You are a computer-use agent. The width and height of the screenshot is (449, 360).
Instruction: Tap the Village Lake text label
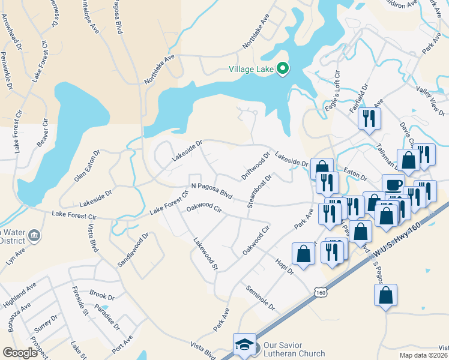[251, 70]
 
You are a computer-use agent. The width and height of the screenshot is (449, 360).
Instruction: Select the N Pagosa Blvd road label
[211, 191]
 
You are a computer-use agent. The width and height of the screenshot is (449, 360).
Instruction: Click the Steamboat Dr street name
[260, 191]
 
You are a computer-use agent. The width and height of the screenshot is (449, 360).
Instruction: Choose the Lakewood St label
[205, 253]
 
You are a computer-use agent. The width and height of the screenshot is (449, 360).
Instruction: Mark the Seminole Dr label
[260, 298]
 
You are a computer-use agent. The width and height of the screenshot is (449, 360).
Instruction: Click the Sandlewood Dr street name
[132, 250]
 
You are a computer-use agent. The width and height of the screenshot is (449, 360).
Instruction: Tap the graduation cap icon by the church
[244, 345]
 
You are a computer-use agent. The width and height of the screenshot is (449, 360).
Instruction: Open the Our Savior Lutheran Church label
[294, 350]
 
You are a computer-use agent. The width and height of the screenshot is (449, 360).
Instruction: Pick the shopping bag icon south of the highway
[385, 295]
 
